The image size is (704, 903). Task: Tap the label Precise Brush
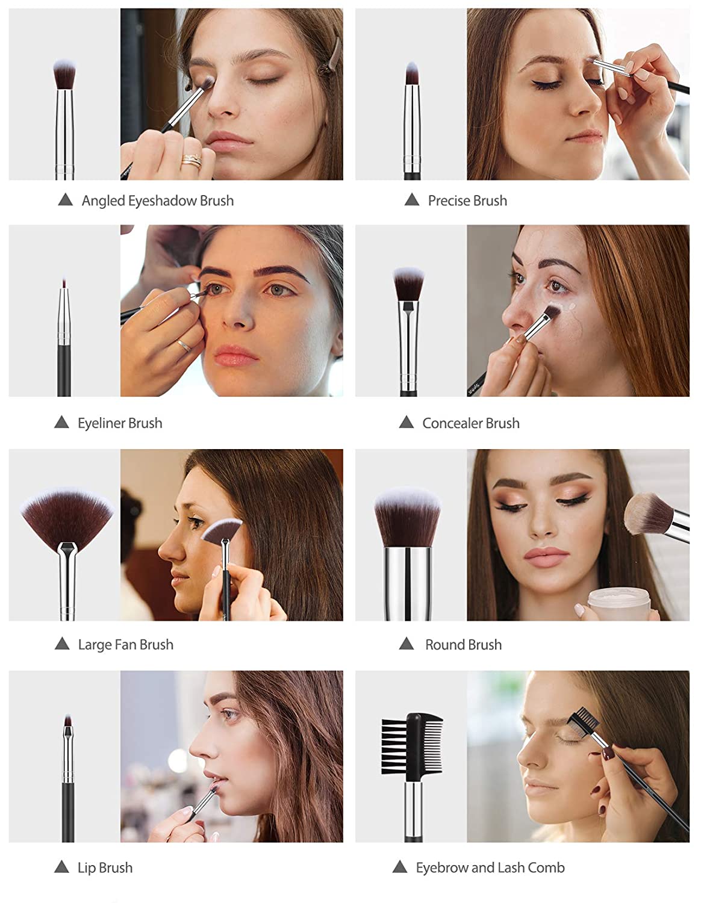tap(467, 200)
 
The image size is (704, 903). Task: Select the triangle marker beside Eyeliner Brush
tap(61, 422)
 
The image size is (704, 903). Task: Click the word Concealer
tap(452, 423)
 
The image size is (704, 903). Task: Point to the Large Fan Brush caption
tap(125, 645)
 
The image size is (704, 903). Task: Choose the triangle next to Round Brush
tap(407, 644)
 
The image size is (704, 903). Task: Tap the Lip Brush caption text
tap(105, 867)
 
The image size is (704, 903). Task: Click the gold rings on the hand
tap(192, 160)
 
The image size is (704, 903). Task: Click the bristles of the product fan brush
tap(67, 518)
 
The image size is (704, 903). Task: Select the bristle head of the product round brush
tap(407, 518)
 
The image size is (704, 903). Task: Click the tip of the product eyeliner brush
tap(64, 282)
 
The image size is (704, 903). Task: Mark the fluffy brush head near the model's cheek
tap(648, 514)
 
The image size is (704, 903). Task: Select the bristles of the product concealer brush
tap(408, 284)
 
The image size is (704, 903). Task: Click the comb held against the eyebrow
tap(584, 722)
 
